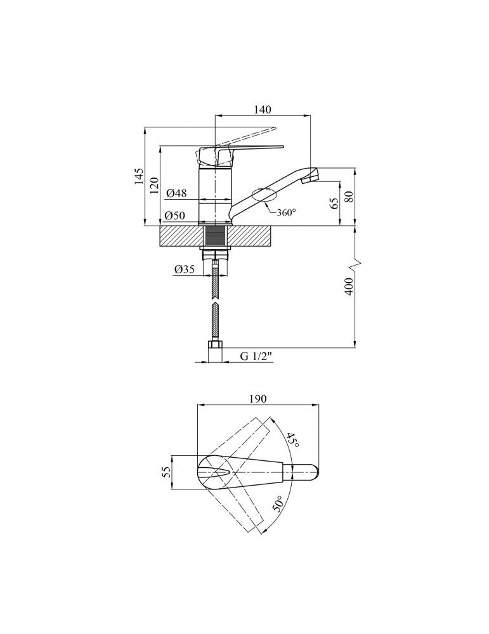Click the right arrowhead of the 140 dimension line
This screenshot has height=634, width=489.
308,115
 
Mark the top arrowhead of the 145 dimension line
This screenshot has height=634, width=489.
145,131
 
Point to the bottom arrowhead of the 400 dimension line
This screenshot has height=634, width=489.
355,344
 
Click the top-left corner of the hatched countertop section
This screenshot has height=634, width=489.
160,226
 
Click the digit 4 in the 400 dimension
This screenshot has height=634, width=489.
350,290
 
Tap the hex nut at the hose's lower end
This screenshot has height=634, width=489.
215,345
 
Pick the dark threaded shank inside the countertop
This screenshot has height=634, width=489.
215,236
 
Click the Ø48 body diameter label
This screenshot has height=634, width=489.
176,193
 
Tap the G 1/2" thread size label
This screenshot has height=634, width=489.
257,356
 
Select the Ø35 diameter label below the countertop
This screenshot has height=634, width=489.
185,269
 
